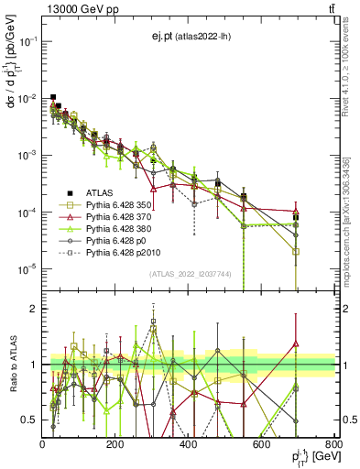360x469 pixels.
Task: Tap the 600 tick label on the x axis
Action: tap(262, 443)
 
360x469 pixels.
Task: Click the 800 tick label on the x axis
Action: tap(334, 443)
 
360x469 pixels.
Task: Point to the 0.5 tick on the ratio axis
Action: tap(28, 420)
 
